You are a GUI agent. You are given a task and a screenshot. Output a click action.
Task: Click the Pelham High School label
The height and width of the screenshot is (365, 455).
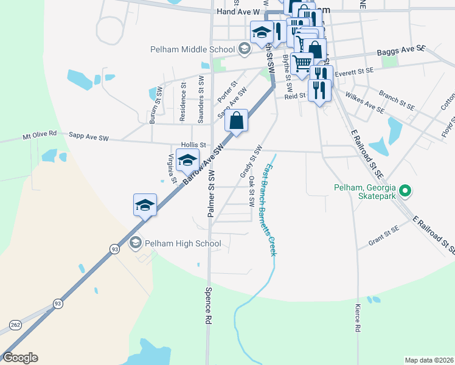(182, 243)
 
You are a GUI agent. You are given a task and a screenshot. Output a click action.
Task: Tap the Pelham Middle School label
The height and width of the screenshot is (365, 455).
(193, 49)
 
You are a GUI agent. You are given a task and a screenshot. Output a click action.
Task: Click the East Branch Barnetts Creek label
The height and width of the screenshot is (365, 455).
(268, 207)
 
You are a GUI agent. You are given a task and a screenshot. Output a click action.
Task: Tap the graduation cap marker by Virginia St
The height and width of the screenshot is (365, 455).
(188, 161)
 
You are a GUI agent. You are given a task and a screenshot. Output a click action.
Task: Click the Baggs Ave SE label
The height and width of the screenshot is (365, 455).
(400, 53)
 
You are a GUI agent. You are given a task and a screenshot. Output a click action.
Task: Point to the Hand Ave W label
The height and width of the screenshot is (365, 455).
(238, 12)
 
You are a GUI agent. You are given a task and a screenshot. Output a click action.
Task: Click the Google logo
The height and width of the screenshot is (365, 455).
(20, 358)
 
